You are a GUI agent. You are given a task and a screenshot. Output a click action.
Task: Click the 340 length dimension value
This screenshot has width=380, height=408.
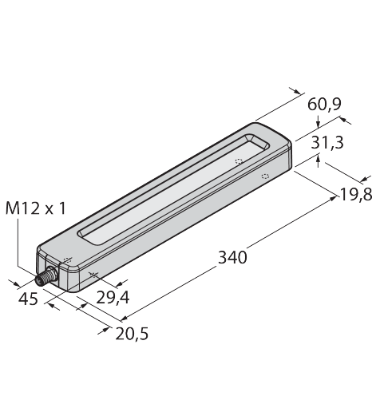pos(232,257)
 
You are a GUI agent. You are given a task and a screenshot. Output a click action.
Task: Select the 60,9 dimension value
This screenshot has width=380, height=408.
pos(324,104)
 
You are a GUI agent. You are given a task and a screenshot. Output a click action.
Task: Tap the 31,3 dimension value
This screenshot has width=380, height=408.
pos(327,142)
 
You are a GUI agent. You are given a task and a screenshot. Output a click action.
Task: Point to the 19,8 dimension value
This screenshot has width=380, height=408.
pos(356,195)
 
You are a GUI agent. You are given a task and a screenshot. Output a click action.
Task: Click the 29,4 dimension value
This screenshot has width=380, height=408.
pos(113,297)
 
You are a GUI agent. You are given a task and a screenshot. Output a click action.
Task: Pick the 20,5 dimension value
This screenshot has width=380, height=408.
pos(132,334)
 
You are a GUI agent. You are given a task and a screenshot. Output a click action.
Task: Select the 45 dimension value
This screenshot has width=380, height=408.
pos(28,299)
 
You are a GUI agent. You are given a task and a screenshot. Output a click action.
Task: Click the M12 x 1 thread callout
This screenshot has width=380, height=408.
pos(35,208)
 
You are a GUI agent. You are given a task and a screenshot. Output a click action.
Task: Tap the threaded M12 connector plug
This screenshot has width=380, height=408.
pos(46,277)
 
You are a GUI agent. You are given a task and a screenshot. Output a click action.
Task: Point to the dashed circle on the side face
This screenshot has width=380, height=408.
pos(265,176)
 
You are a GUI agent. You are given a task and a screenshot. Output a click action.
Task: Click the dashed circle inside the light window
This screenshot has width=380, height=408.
pos(239,161)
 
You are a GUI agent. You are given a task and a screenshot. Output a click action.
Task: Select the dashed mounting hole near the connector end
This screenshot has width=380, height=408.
pos(68,260)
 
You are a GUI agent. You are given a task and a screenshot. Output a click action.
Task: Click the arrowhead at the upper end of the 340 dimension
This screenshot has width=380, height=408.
pos(334,198)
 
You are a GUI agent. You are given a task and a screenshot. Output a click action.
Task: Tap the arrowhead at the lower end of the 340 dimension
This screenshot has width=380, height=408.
pos(124,318)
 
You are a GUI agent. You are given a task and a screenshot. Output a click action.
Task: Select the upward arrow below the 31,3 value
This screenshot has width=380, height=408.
pos(318,162)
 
